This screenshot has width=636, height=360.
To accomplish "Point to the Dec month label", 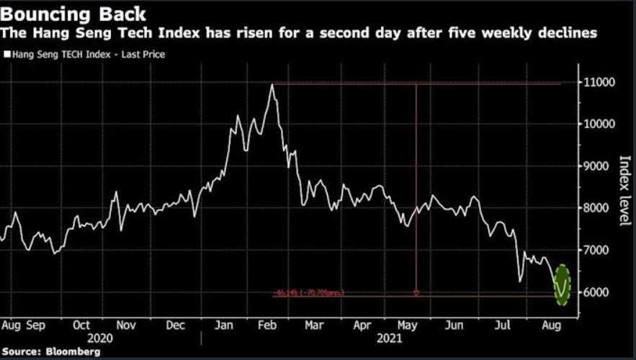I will (x=176, y=325).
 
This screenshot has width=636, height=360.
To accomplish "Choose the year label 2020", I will (x=101, y=338).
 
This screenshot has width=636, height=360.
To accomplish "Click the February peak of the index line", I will (x=272, y=85).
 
